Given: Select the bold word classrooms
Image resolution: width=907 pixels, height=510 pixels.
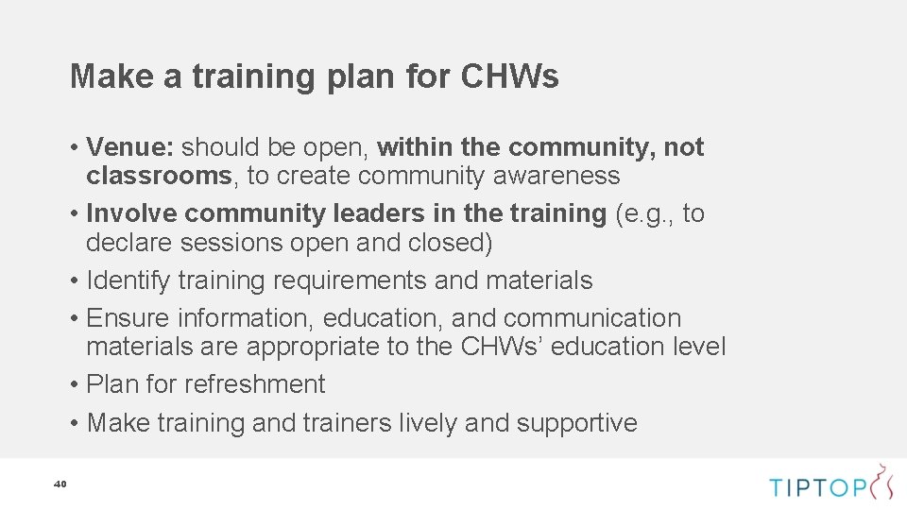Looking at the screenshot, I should click(159, 176).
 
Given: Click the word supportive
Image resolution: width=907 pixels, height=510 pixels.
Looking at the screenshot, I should click(577, 422).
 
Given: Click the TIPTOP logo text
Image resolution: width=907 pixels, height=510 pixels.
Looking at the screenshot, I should click(818, 487).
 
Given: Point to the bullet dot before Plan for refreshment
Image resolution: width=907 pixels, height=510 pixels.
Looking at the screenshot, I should click(74, 385).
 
